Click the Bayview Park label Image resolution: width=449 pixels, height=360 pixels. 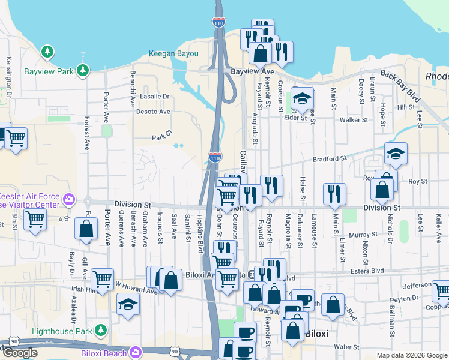(x=49, y=71)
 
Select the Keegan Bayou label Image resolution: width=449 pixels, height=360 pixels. (x=174, y=53)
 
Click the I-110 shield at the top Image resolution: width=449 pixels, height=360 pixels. (x=218, y=23)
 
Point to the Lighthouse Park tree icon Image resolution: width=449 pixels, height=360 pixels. (x=101, y=331)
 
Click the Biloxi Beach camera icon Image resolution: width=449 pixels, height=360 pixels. (x=136, y=353)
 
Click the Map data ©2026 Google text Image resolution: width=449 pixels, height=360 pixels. (x=412, y=355)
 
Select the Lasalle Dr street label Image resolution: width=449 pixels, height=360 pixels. (x=155, y=96)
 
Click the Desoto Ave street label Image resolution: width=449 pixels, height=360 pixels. (x=154, y=112)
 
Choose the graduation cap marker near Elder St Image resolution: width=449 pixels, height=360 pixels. (x=303, y=98)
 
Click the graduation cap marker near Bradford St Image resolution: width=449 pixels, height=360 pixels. (x=396, y=154)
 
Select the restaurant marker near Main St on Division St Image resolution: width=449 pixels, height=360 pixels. (x=334, y=194)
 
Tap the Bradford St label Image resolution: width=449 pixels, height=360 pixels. (x=330, y=159)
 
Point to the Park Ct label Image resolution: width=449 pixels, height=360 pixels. (x=162, y=137)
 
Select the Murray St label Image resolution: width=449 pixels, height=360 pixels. (x=364, y=235)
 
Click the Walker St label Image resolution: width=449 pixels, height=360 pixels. (x=354, y=120)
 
